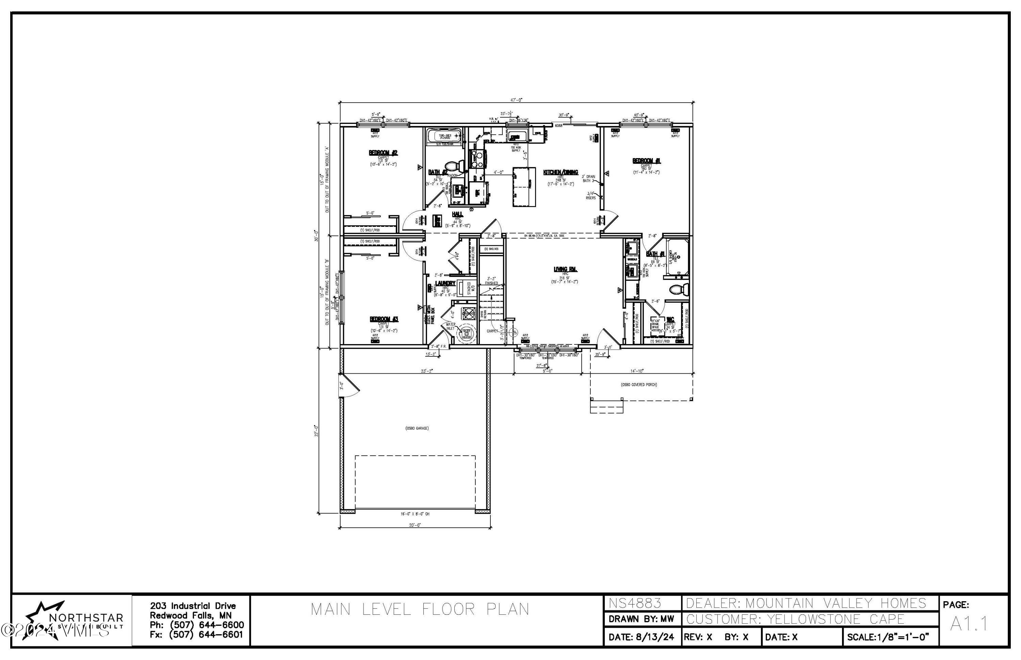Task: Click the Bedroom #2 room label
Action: point(383,153)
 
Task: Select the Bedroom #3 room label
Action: point(384,319)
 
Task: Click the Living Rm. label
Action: point(565,270)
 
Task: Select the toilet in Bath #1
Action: point(678,289)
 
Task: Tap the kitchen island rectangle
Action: point(524,187)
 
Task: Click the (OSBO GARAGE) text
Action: point(417,428)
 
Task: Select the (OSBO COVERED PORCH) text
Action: point(639,385)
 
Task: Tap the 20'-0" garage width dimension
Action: point(415,525)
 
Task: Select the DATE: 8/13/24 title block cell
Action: point(641,637)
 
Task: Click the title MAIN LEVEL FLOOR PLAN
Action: point(420,609)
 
